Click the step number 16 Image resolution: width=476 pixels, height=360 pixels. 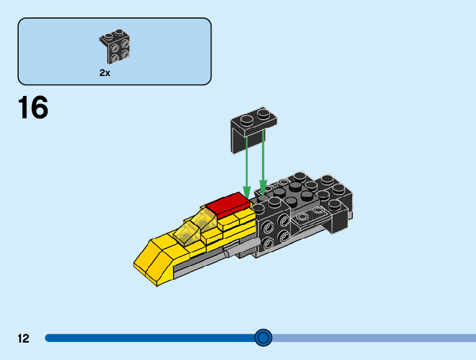33,108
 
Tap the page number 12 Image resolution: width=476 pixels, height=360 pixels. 24,339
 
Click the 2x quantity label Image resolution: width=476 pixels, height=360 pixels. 105,73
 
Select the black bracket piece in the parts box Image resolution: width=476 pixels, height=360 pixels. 116,47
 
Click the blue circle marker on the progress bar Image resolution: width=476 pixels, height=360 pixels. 264,338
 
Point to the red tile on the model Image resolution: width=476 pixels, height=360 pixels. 226,204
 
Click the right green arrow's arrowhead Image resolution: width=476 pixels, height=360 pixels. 263,189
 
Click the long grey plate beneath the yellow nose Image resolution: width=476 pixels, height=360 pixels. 199,267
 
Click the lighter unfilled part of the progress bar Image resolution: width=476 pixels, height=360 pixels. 373,338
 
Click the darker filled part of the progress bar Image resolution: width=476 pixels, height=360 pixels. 149,338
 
